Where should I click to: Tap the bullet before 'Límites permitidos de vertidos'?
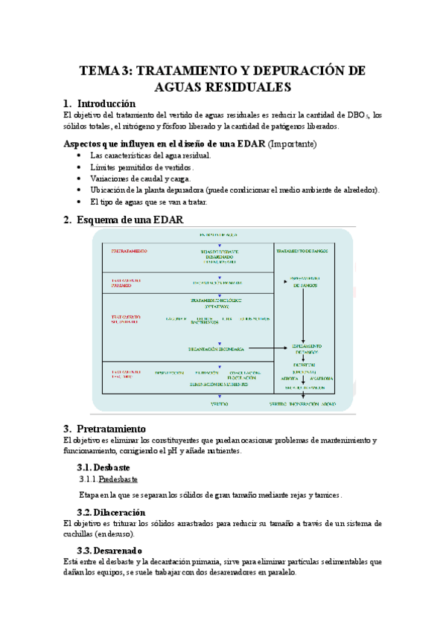[80, 167]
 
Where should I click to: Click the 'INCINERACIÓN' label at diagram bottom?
[305, 403]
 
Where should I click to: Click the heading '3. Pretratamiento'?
[112, 429]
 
